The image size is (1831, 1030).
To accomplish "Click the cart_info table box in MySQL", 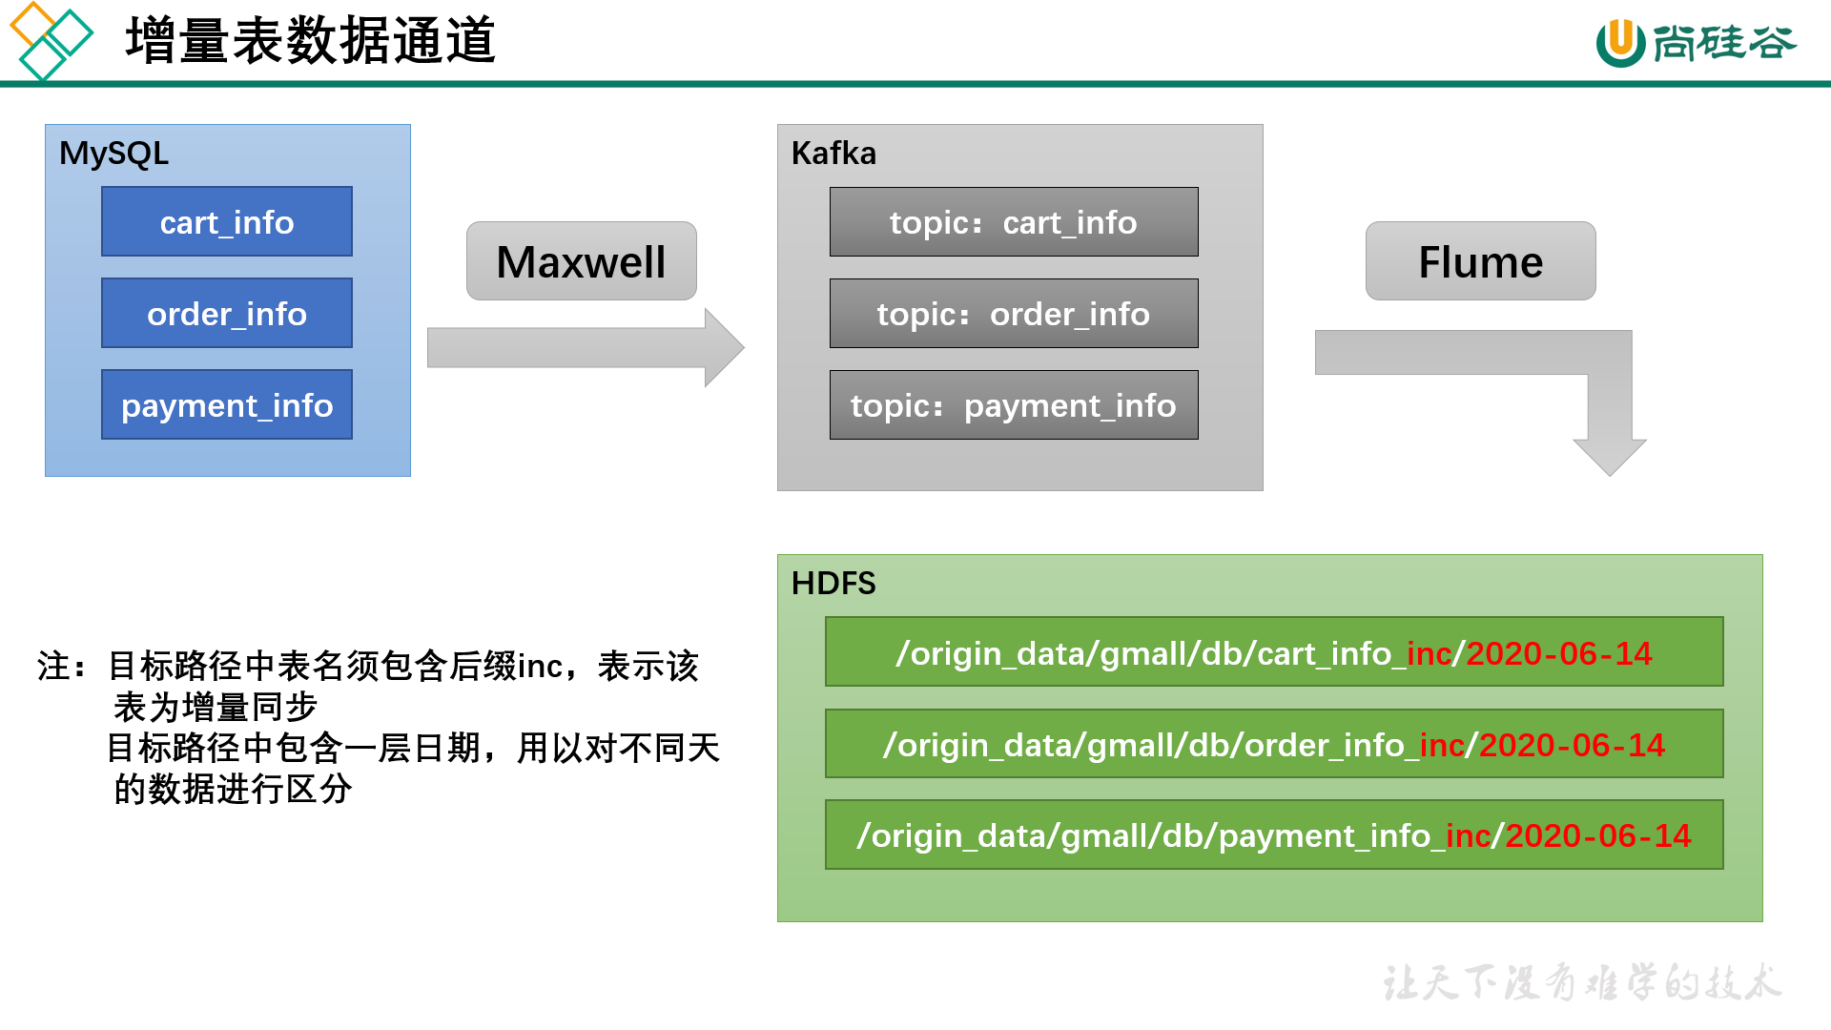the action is tap(227, 221).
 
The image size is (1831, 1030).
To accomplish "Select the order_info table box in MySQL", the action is tap(227, 313).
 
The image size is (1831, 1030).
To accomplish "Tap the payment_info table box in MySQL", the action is tap(227, 404).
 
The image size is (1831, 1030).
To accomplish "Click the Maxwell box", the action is tap(581, 261).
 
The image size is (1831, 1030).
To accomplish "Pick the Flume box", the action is tap(1480, 261).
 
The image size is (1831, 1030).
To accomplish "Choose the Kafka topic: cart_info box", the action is tap(1014, 222).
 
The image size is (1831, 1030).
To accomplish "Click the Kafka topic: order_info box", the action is tap(1014, 314).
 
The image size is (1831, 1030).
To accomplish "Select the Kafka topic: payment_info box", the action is tap(1014, 405).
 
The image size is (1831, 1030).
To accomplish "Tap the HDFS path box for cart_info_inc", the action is tap(1274, 652).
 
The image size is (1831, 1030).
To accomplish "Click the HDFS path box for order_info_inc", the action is tap(1274, 744).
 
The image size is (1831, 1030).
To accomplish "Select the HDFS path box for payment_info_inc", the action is tap(1274, 834).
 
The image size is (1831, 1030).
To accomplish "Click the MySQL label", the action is tap(113, 153).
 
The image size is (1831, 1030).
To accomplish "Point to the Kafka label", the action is tap(833, 153).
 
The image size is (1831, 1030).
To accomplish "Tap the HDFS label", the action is tap(833, 583).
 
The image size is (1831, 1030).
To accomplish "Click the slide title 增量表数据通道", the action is tap(310, 40).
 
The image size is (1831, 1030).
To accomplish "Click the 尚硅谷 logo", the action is tap(1696, 42).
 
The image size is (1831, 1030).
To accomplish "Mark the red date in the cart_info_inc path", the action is tap(1558, 653).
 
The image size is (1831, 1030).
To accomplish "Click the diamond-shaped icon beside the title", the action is tap(51, 40).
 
